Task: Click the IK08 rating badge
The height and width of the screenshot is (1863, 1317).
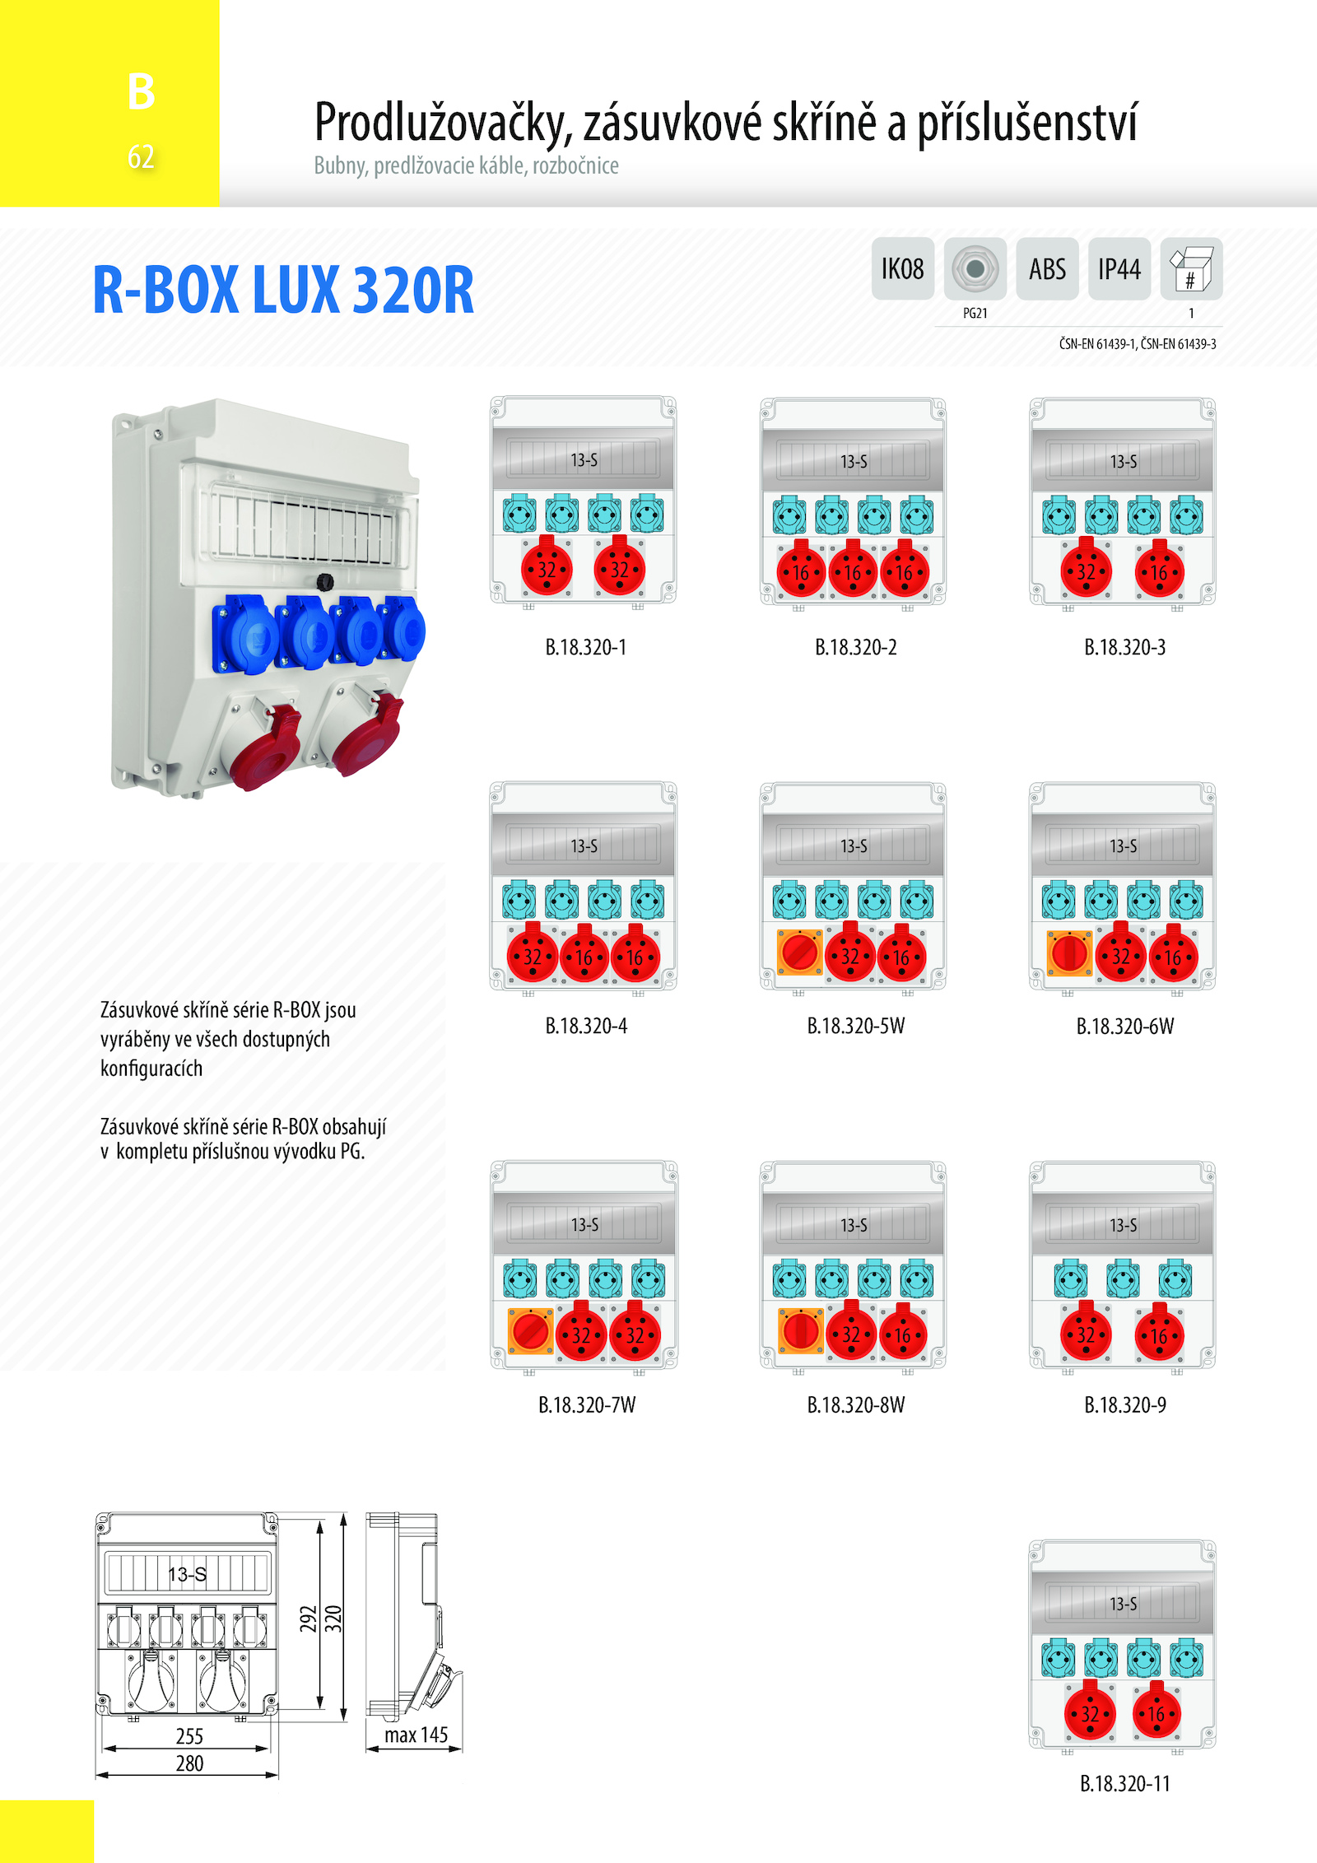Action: [x=903, y=268]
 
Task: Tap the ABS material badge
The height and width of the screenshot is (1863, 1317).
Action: [x=1047, y=268]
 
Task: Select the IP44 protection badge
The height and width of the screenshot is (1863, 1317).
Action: [x=1119, y=268]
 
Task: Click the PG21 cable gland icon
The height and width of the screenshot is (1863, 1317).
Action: [x=975, y=268]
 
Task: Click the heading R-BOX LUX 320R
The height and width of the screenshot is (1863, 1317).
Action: [x=283, y=290]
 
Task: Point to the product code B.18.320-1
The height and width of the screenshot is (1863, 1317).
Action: [x=586, y=647]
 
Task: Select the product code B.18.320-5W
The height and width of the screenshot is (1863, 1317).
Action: [x=856, y=1026]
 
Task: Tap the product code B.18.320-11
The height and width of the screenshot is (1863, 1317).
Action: [x=1125, y=1783]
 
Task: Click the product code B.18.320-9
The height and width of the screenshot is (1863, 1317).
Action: [x=1125, y=1404]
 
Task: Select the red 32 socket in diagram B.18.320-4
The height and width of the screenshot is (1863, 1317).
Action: [x=533, y=955]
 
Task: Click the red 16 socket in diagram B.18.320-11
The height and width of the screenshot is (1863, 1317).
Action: [x=1157, y=1712]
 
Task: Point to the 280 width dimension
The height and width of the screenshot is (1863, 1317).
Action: [x=189, y=1763]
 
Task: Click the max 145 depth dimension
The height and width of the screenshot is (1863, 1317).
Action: [x=416, y=1735]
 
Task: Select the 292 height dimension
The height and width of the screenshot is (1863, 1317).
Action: [x=308, y=1618]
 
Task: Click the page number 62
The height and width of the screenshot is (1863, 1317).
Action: [x=141, y=156]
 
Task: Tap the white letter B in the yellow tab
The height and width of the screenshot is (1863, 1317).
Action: [x=142, y=91]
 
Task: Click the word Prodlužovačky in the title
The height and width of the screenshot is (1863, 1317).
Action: [x=443, y=123]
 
